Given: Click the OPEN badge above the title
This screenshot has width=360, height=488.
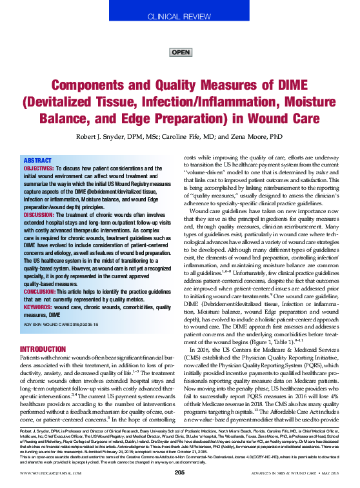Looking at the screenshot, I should coord(181,52).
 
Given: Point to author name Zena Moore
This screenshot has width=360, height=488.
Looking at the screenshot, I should coord(262,137).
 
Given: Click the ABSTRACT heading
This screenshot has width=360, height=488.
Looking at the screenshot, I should coord(37,160).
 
